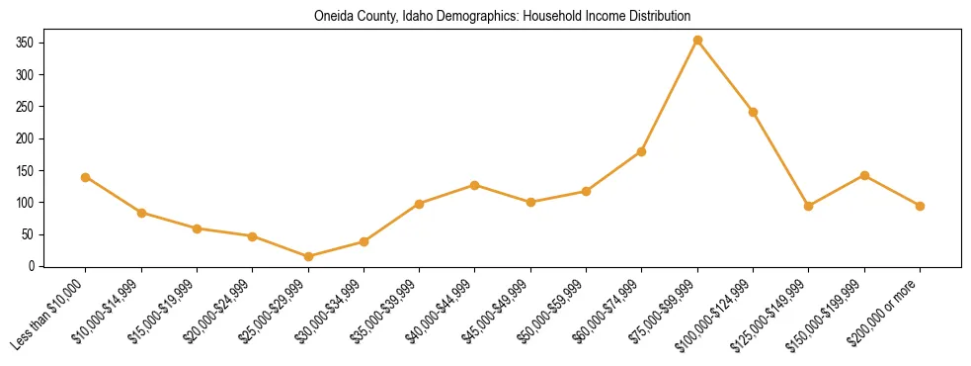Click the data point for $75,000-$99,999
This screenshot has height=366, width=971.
[697, 41]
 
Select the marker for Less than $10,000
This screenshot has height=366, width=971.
[86, 177]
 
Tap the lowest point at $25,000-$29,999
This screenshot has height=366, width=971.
[308, 256]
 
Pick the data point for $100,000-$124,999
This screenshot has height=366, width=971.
[753, 112]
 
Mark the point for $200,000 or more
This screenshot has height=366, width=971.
[920, 206]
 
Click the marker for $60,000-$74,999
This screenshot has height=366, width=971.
[642, 151]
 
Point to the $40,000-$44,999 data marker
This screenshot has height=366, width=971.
[475, 185]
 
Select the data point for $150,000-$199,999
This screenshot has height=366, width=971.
[864, 175]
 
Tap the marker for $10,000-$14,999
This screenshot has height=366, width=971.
[141, 213]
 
